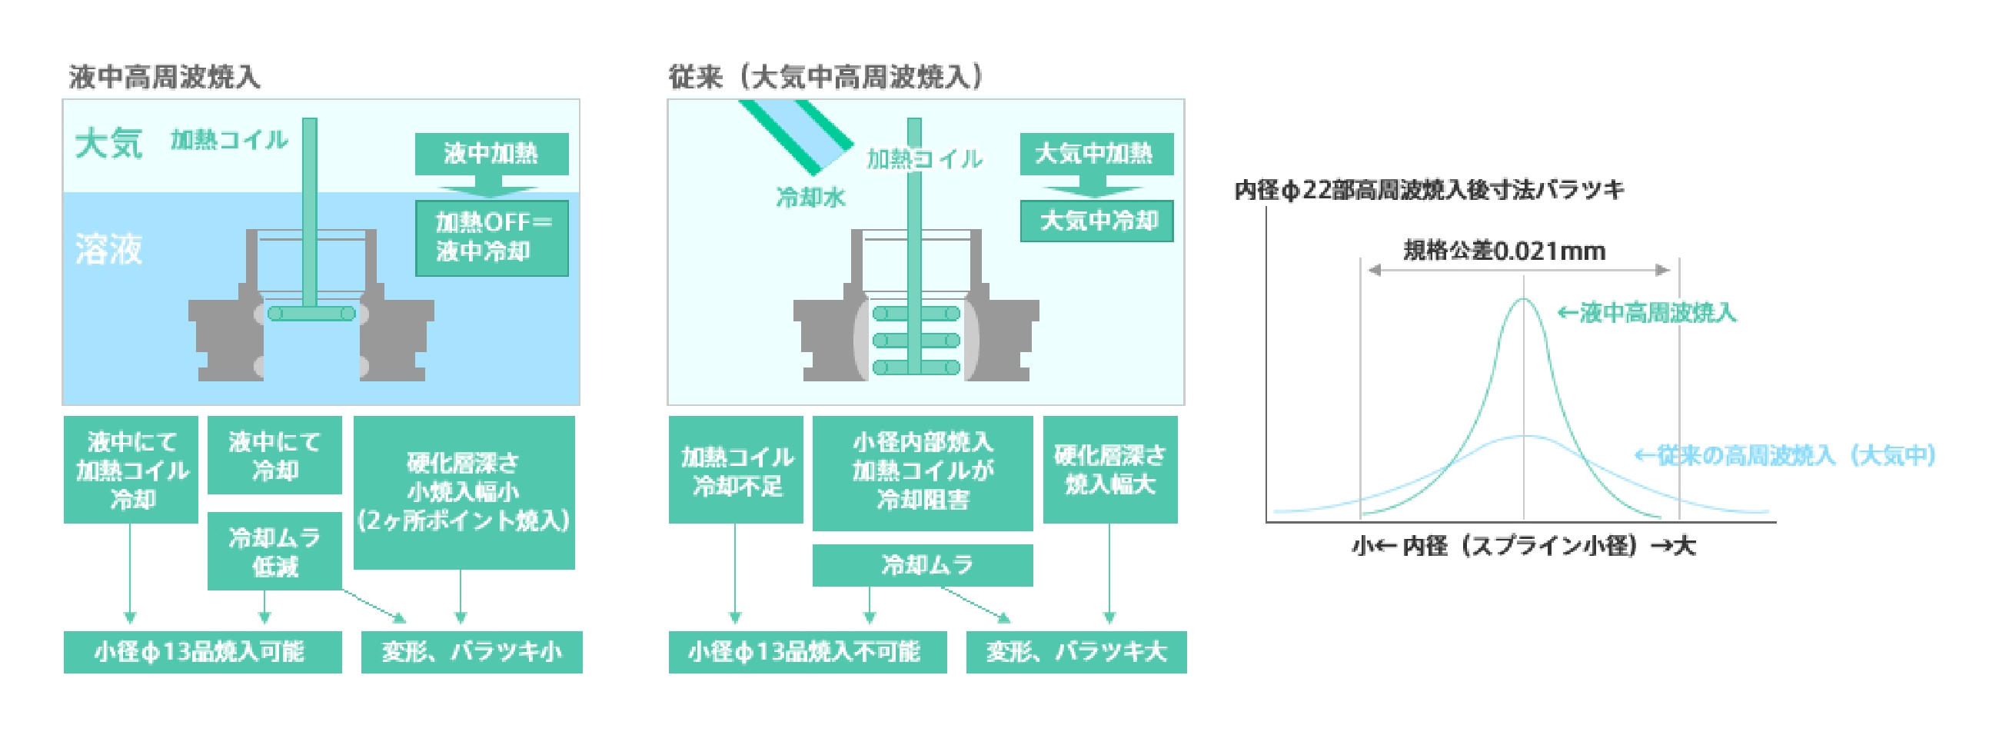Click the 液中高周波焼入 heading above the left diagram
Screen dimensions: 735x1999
165,77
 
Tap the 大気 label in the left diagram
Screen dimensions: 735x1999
108,144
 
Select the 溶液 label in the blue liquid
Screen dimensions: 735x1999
108,249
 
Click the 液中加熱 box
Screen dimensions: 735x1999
491,154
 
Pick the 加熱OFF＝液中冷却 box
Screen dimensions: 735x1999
492,238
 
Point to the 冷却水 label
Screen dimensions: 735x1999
810,198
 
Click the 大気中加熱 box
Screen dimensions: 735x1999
1096,154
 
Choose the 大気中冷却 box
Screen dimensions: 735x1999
1096,221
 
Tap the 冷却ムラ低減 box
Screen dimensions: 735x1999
274,551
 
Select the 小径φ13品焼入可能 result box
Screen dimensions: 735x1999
201,652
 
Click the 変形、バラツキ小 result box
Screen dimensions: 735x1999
471,652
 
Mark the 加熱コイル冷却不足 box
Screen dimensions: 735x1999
736,471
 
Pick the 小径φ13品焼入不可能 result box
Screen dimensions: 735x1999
807,652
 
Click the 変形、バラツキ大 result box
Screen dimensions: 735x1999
1076,652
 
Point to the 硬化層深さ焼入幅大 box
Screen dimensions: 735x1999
1109,471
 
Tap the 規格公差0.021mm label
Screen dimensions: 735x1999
1504,251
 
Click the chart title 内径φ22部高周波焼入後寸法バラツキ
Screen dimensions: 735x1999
1429,190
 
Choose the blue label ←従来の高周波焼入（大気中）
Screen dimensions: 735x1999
1784,456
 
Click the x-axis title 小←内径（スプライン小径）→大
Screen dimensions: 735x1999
1523,546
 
